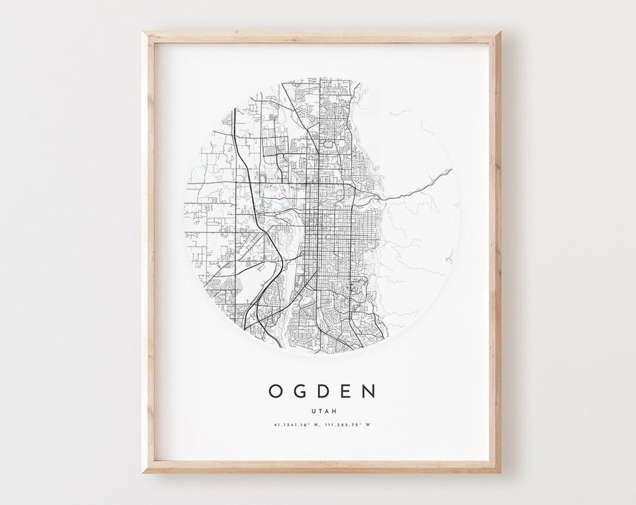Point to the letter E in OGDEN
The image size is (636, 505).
tap(346, 391)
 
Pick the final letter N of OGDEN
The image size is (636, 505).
tap(369, 391)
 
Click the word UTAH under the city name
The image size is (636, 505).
tap(322, 410)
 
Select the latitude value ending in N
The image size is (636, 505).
tap(297, 426)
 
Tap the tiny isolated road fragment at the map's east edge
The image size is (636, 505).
tap(448, 256)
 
